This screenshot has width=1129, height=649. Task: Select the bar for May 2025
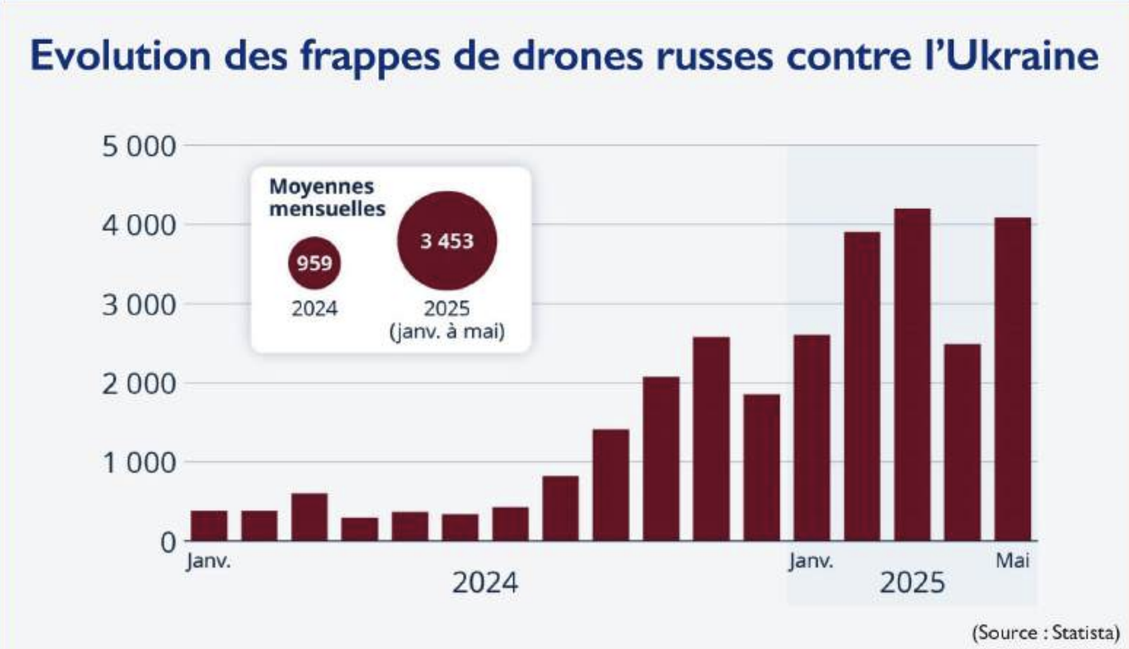click(1012, 379)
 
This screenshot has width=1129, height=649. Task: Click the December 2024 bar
click(761, 467)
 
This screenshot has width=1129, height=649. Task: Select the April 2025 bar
click(962, 442)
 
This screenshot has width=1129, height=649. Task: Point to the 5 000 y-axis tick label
click(138, 146)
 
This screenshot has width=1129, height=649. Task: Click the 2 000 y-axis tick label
click(138, 384)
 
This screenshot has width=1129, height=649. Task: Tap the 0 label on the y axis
click(168, 542)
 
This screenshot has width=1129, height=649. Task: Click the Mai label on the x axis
click(1012, 560)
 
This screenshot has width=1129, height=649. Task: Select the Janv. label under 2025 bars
click(811, 561)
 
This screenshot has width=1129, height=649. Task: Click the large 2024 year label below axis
click(485, 582)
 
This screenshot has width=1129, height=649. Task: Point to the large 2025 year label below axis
click(912, 582)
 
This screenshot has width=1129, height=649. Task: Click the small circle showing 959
click(314, 263)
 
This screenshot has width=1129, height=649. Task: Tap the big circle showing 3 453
click(447, 241)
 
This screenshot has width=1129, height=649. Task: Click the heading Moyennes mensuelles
click(326, 197)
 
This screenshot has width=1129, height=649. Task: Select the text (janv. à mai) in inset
click(447, 331)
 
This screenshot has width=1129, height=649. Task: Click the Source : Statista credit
click(1046, 632)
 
